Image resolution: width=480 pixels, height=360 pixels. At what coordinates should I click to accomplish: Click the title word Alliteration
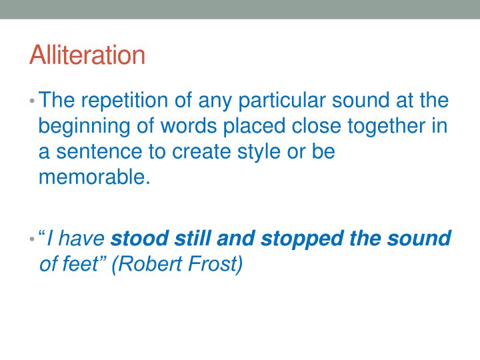87,55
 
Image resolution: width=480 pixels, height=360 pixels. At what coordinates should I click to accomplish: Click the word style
248,153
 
